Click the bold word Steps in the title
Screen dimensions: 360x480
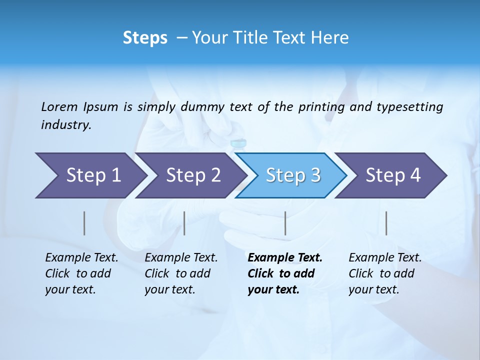[145, 37]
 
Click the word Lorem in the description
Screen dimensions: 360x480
[59, 106]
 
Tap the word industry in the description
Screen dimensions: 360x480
[66, 125]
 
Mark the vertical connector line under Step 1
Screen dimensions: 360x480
[84, 223]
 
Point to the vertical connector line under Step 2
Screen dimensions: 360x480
[184, 223]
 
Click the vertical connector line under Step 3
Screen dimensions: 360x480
[285, 223]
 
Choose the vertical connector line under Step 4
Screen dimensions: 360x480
[386, 223]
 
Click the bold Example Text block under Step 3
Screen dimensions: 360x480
[284, 273]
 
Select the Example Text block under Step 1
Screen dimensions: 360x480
[81, 273]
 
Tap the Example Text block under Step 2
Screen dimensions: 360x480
[181, 273]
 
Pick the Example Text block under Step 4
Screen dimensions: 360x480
[385, 273]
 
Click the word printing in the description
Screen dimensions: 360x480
[322, 106]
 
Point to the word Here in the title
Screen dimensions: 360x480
[332, 37]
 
